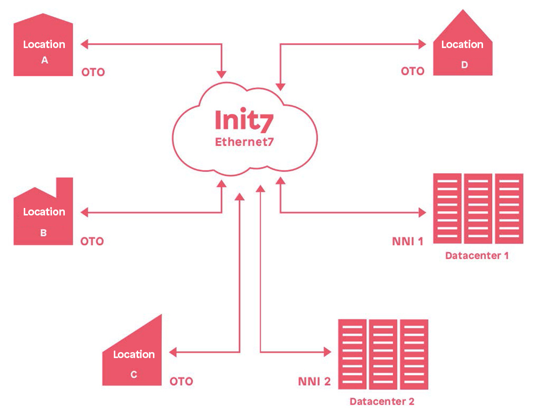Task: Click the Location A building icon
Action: (44, 50)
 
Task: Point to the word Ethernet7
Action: (244, 142)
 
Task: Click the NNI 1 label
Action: (407, 242)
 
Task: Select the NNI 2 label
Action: (314, 382)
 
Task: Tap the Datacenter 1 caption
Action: (477, 256)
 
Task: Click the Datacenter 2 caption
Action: (382, 402)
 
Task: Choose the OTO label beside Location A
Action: (93, 72)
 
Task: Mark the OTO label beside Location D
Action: (413, 71)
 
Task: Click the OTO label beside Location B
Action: (93, 242)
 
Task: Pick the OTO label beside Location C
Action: (181, 382)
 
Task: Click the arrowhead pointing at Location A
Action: (84, 44)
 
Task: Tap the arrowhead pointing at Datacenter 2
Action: (327, 352)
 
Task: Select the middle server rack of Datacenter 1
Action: (478, 208)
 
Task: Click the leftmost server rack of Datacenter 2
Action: (352, 354)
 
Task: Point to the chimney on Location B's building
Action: (64, 186)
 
